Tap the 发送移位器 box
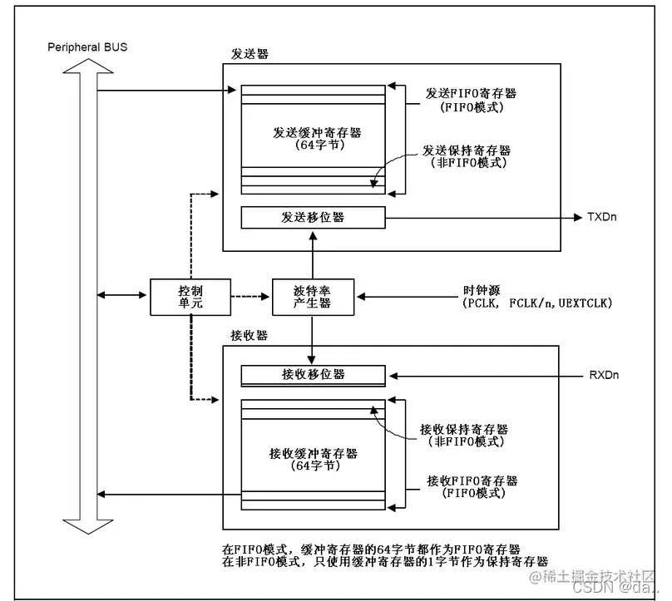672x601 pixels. (313, 218)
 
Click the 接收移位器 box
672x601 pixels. (313, 375)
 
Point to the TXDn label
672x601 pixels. (602, 218)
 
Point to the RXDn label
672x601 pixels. (604, 375)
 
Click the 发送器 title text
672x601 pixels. (249, 54)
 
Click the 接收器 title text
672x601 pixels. (249, 337)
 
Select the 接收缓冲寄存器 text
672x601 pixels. (313, 453)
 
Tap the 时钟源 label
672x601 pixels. (481, 290)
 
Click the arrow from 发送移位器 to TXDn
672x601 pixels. (482, 218)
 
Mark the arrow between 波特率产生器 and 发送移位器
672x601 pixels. (313, 254)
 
